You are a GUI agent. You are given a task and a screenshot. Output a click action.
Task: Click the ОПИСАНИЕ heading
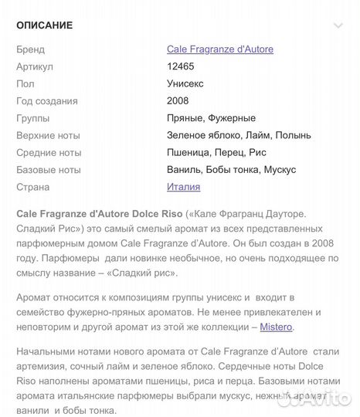pos(44,25)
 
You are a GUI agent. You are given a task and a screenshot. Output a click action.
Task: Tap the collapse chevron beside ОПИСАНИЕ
pos(337,25)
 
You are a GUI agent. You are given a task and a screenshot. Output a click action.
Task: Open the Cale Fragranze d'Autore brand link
pos(219,49)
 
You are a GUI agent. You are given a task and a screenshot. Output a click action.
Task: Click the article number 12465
pos(181,66)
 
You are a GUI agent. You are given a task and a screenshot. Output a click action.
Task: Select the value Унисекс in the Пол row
pos(185,83)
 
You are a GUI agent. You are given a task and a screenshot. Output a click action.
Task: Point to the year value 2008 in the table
pos(178,101)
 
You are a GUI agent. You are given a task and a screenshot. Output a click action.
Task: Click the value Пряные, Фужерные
pos(211,118)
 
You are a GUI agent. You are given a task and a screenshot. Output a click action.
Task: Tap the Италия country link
pos(183,187)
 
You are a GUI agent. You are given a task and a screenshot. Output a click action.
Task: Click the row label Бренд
pos(30,49)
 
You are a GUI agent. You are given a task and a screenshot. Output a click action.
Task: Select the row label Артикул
pos(34,66)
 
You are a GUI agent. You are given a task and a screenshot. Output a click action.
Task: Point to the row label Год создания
pos(46,101)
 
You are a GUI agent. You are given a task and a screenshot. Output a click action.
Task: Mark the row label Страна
pos(32,187)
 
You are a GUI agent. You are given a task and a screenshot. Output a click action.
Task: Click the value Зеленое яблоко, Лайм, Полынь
pos(239,135)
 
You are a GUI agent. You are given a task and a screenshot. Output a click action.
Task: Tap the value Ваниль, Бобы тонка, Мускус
pos(231,169)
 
